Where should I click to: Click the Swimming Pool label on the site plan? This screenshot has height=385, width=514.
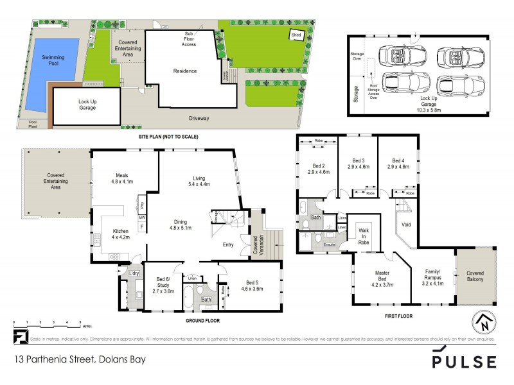53,61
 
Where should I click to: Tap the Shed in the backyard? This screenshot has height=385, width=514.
296,35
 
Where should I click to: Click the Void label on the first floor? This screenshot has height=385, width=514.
405,225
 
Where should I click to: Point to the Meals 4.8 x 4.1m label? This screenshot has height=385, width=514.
123,178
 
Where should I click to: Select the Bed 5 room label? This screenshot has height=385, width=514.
252,286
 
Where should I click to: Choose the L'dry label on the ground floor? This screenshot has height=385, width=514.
134,274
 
